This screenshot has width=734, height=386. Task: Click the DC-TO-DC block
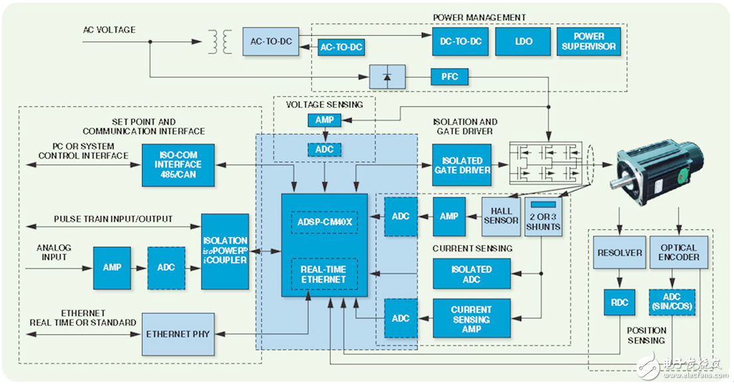[x=461, y=42]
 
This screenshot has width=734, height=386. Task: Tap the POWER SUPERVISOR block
[x=589, y=42]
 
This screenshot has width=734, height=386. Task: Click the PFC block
[x=449, y=77]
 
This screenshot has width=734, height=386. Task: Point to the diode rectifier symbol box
[x=386, y=77]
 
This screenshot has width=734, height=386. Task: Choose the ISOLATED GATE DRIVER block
[x=463, y=165]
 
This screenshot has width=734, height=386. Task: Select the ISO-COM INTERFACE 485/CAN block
[x=179, y=165]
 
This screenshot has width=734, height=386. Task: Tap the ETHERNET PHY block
[x=177, y=334]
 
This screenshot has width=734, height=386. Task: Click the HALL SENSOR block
[x=501, y=216]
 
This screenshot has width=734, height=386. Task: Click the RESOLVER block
[x=620, y=253]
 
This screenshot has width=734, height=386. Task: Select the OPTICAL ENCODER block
[x=678, y=253]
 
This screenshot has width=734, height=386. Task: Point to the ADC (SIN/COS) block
[x=672, y=302]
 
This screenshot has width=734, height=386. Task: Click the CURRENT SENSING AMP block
[x=471, y=319]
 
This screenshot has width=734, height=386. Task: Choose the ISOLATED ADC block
[x=471, y=274]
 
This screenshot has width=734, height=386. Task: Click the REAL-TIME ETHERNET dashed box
[x=324, y=275]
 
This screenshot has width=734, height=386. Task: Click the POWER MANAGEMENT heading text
[x=479, y=17]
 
